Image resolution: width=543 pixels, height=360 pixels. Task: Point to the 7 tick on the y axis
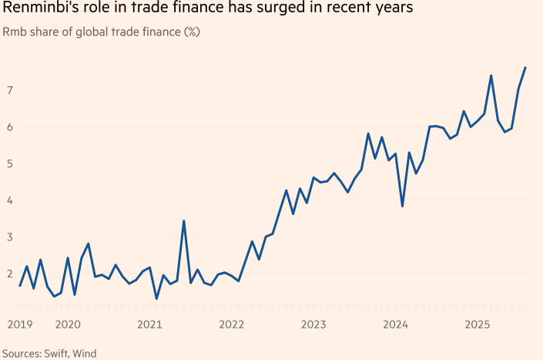[10, 90]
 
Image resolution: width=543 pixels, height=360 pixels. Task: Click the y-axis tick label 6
[10, 127]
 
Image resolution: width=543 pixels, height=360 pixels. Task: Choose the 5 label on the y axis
[10, 163]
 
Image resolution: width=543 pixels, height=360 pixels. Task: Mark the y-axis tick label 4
[10, 200]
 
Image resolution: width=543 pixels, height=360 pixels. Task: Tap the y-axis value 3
[10, 237]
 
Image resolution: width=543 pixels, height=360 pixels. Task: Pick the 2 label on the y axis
[10, 274]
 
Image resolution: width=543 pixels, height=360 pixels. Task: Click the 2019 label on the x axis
[20, 325]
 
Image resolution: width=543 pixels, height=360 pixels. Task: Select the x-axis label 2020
[68, 325]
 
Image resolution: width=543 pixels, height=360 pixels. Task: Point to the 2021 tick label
[149, 325]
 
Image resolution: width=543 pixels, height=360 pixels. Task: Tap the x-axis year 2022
[232, 325]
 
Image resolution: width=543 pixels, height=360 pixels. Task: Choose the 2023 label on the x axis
[313, 325]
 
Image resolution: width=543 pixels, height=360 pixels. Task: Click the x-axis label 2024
[395, 325]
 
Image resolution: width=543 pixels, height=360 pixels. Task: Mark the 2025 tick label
[478, 325]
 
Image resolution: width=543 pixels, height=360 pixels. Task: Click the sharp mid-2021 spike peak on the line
[183, 221]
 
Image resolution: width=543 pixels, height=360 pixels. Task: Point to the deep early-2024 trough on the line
[402, 207]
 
